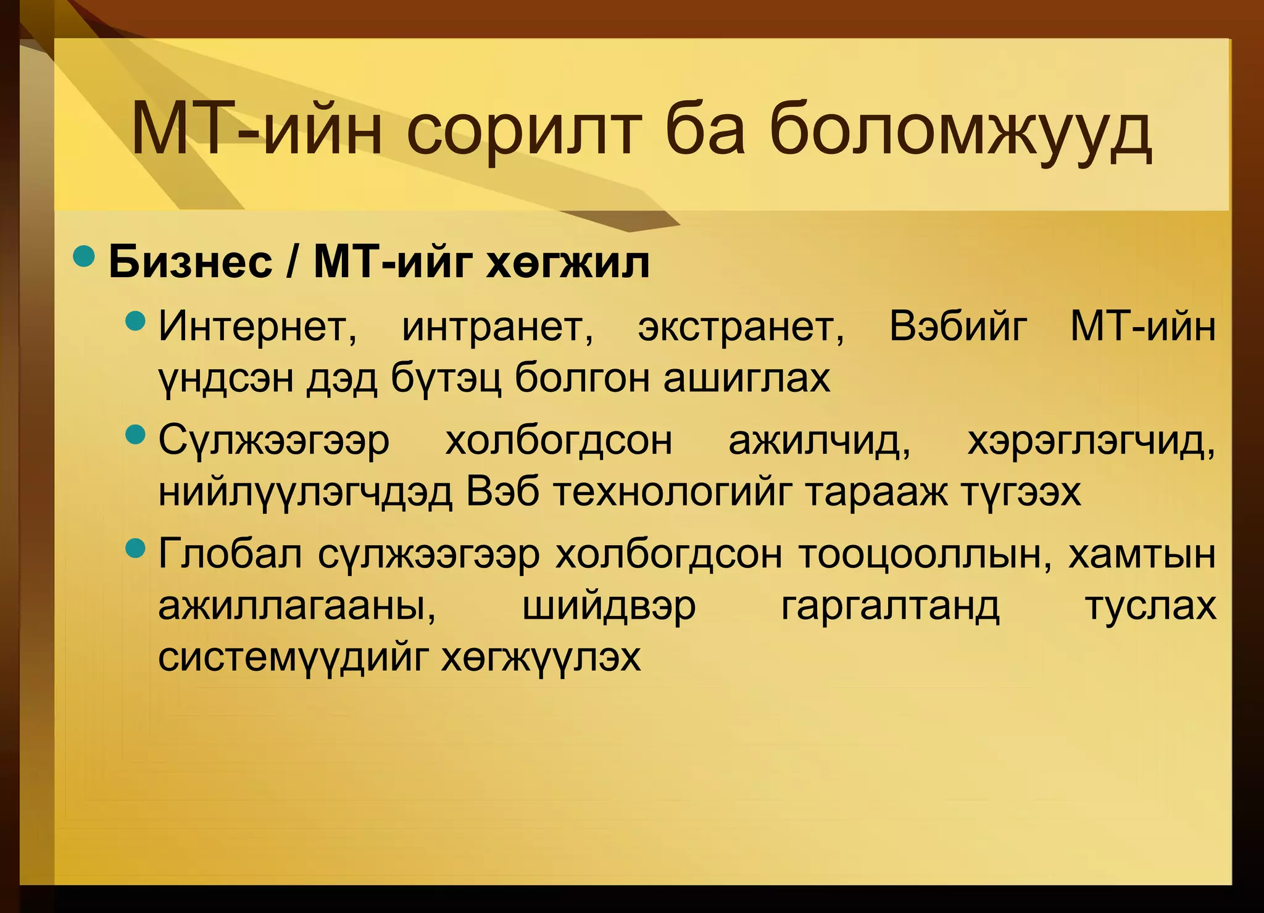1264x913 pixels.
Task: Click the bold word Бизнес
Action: point(190,262)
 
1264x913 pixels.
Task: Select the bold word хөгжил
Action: point(568,262)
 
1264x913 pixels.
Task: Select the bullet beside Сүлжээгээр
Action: point(135,435)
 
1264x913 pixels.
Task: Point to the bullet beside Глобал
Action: point(135,548)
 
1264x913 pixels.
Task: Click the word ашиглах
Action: point(747,378)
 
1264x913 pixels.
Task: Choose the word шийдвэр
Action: point(609,606)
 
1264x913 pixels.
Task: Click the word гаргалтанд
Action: point(890,606)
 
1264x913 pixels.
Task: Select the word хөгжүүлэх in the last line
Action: point(541,657)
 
